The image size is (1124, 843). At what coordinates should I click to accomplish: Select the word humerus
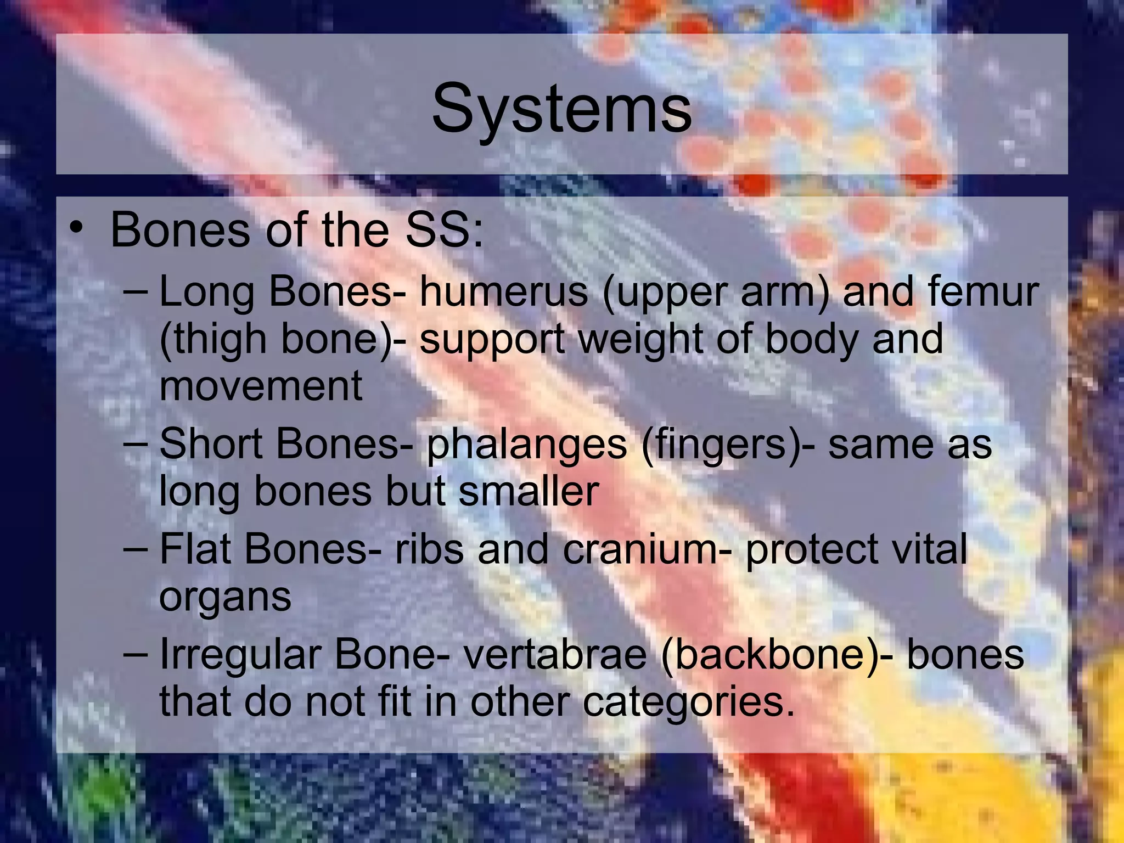click(504, 292)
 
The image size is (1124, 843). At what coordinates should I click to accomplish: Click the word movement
click(261, 386)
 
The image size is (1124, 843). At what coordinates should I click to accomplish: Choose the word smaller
click(529, 491)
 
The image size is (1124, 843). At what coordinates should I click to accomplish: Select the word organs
click(225, 598)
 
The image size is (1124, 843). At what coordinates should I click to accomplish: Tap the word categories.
click(688, 704)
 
